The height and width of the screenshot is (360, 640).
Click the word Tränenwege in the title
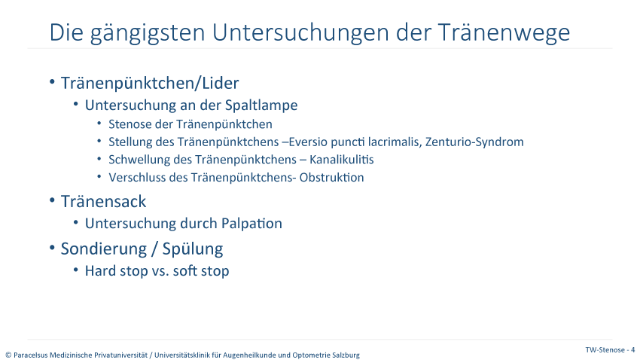point(504,32)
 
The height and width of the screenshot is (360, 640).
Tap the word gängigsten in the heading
point(148,32)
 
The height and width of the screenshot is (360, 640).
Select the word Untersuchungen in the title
point(300,32)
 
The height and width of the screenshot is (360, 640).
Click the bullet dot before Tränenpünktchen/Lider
point(52,82)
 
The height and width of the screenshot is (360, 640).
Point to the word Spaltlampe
point(261,105)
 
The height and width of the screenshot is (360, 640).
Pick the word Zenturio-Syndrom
point(474,142)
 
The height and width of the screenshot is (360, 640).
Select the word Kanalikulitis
point(341,159)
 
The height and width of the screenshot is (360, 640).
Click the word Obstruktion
point(331,177)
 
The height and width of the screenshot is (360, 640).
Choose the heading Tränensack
point(103,202)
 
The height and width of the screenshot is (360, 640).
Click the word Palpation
point(251,224)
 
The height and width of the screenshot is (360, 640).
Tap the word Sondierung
point(105,249)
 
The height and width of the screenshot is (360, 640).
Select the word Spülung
point(193,249)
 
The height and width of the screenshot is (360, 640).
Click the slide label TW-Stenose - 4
point(610,349)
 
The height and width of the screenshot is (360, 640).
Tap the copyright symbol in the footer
point(8,355)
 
